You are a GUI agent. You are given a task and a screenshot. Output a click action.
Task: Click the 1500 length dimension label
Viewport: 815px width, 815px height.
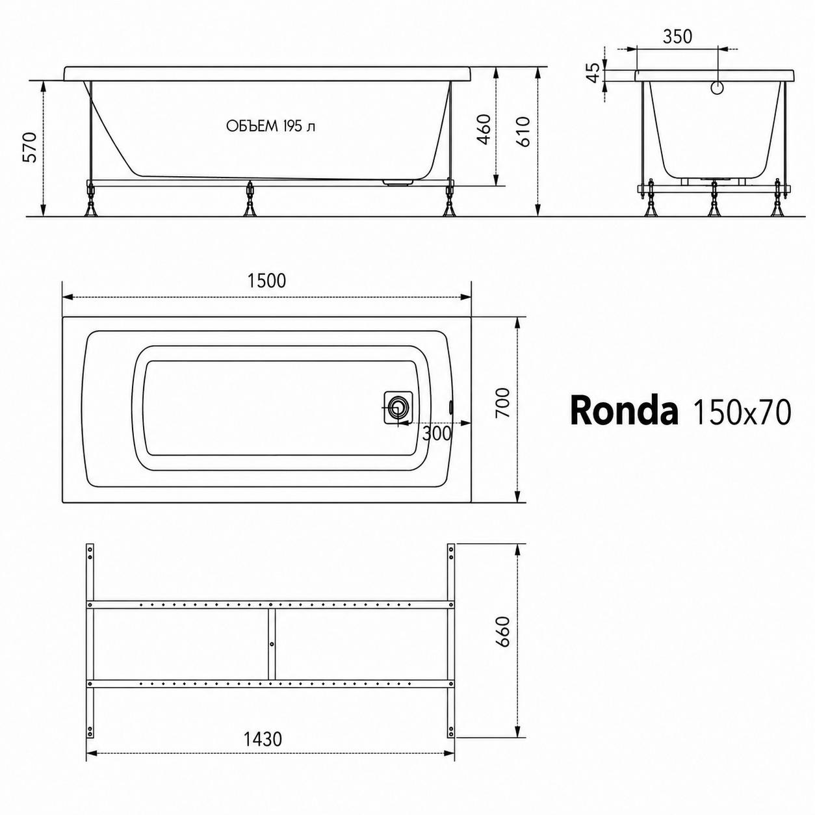[266, 281]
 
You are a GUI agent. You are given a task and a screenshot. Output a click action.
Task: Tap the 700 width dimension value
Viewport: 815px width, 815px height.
[503, 403]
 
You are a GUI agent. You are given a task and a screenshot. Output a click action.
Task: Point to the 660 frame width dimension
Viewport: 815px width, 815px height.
[503, 632]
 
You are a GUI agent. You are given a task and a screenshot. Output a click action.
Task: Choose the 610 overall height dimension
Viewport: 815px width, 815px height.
[523, 131]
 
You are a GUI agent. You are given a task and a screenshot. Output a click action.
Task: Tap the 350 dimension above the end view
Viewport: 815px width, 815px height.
[677, 37]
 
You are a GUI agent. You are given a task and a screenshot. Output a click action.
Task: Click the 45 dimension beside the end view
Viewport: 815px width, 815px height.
[595, 73]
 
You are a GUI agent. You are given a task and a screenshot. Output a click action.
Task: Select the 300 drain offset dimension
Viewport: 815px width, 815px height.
[437, 434]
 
